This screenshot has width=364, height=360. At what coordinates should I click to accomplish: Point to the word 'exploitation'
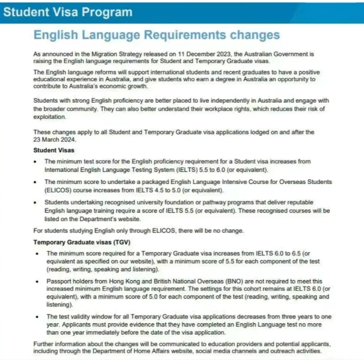[x=51, y=118]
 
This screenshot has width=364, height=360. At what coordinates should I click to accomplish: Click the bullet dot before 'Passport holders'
[x=39, y=281]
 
